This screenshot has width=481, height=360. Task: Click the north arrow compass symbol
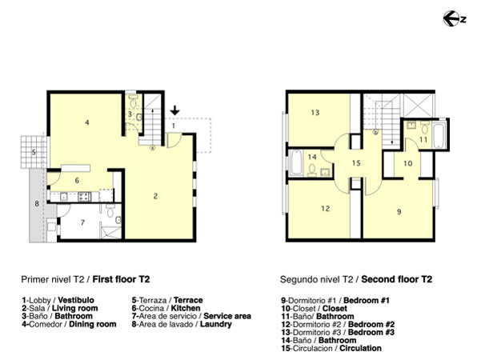click(454, 18)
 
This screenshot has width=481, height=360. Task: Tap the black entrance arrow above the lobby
click(174, 110)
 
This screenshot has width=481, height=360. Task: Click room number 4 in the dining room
click(87, 122)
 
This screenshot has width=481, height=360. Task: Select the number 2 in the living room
click(155, 196)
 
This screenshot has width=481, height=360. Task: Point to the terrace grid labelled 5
click(34, 152)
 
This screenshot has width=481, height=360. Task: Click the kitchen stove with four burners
click(84, 197)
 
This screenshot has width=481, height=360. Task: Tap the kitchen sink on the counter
click(64, 197)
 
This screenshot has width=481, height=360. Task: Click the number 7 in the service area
click(82, 222)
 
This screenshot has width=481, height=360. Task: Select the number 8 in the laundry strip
click(37, 204)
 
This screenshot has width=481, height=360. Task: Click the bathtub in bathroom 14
click(296, 162)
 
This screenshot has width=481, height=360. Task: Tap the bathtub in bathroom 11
click(439, 135)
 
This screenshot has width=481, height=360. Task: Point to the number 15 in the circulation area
click(356, 163)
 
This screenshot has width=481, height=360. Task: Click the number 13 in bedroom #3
click(315, 113)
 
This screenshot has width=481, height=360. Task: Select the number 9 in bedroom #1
click(399, 211)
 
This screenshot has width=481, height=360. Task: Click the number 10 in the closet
click(407, 163)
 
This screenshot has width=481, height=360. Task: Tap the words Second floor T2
click(397, 279)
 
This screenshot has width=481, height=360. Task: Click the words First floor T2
click(121, 279)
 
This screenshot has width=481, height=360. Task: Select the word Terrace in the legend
click(188, 300)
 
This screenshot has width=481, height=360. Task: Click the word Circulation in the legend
click(360, 348)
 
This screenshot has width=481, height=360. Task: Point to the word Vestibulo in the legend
click(76, 300)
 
